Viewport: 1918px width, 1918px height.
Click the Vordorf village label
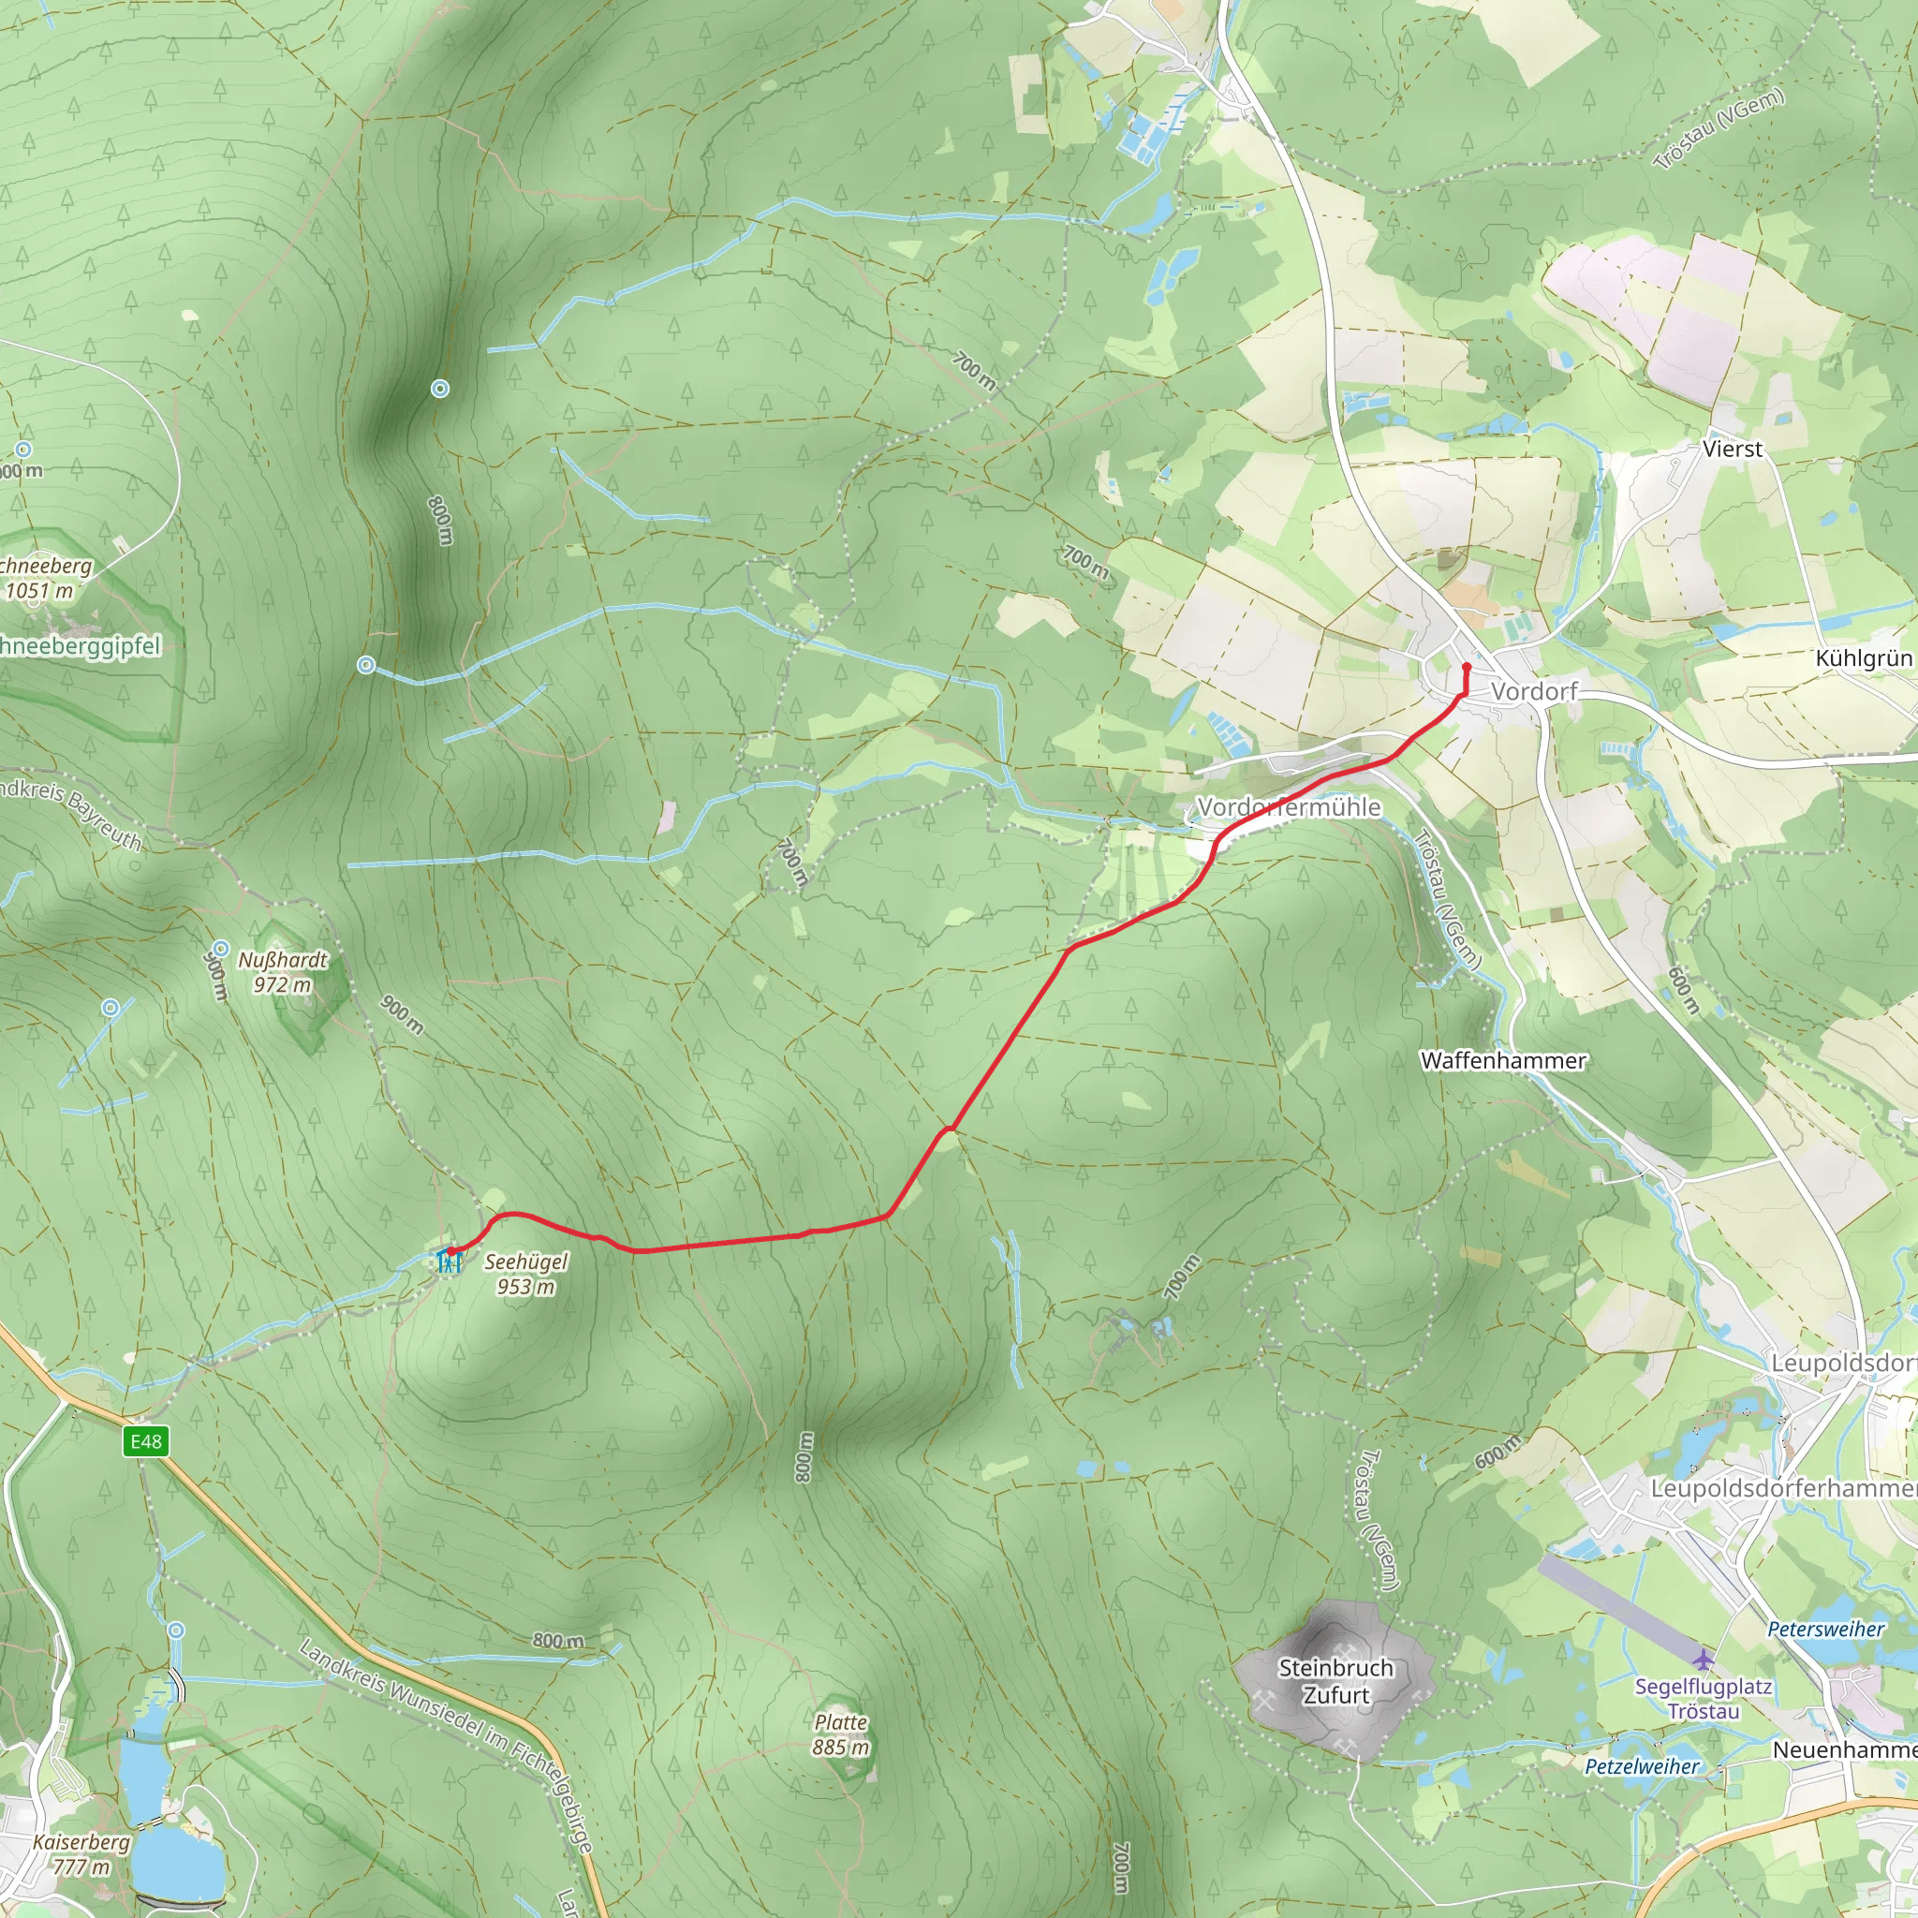[1534, 691]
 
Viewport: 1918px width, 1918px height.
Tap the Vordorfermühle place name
[1289, 807]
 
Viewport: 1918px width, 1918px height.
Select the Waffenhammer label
[1503, 1060]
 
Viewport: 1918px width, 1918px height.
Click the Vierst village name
[1733, 449]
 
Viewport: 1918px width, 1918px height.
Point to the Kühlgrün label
[1864, 658]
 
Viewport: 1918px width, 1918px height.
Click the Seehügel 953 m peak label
[525, 1274]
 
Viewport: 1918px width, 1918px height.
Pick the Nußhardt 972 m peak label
[282, 972]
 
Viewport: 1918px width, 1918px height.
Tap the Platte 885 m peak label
[841, 1734]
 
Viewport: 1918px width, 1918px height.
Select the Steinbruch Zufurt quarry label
[1335, 1681]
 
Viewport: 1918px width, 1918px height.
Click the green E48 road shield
[146, 1441]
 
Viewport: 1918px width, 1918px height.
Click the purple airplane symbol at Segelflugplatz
[1704, 1659]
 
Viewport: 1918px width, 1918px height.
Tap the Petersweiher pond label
[1825, 1630]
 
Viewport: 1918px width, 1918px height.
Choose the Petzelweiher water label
[1642, 1766]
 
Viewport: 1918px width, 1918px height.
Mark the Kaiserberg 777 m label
[81, 1853]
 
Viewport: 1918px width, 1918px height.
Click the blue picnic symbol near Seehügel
[450, 1261]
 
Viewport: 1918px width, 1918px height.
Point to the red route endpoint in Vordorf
[1467, 667]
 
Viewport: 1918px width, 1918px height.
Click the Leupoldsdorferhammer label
[1783, 1488]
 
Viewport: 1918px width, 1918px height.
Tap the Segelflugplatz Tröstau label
[1704, 1699]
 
